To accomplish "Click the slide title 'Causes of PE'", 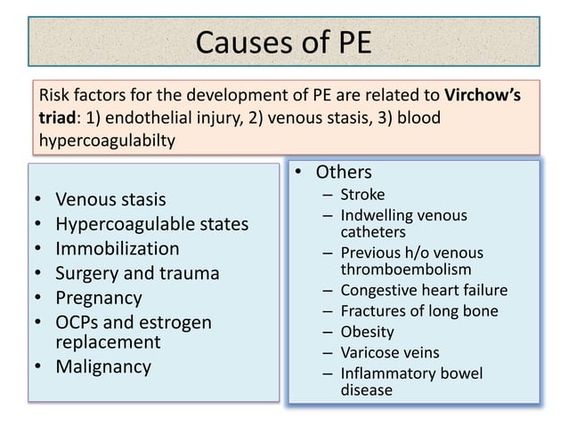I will (x=283, y=42).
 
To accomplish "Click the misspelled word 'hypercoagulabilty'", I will (x=106, y=140).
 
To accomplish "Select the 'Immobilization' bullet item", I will (x=117, y=248).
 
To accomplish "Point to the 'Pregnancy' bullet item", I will (x=98, y=298).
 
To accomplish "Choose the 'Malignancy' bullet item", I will (x=103, y=365).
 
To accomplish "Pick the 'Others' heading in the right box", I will (x=344, y=172).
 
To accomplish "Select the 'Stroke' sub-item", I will (x=362, y=194).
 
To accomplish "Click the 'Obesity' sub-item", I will (x=367, y=332).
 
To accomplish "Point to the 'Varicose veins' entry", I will (x=390, y=352).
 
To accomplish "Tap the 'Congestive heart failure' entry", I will (x=424, y=290).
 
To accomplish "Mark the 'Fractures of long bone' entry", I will (x=419, y=311).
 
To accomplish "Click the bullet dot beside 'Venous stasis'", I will (x=37, y=199).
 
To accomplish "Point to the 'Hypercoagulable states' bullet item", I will (x=151, y=223).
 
